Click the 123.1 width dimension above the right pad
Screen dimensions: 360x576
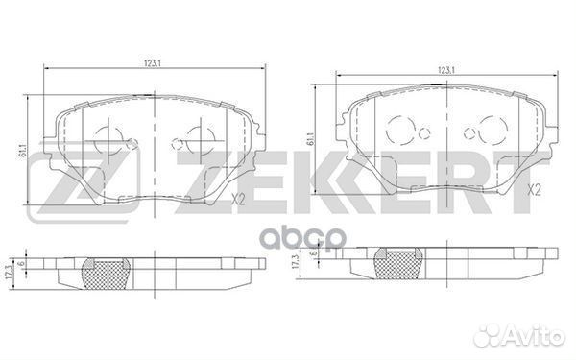[445, 70]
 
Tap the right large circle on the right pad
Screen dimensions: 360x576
[491, 129]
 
